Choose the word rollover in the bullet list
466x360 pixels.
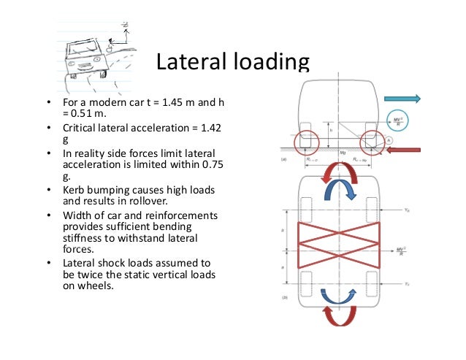[x=157, y=200]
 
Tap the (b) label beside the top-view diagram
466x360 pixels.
[x=286, y=297]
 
